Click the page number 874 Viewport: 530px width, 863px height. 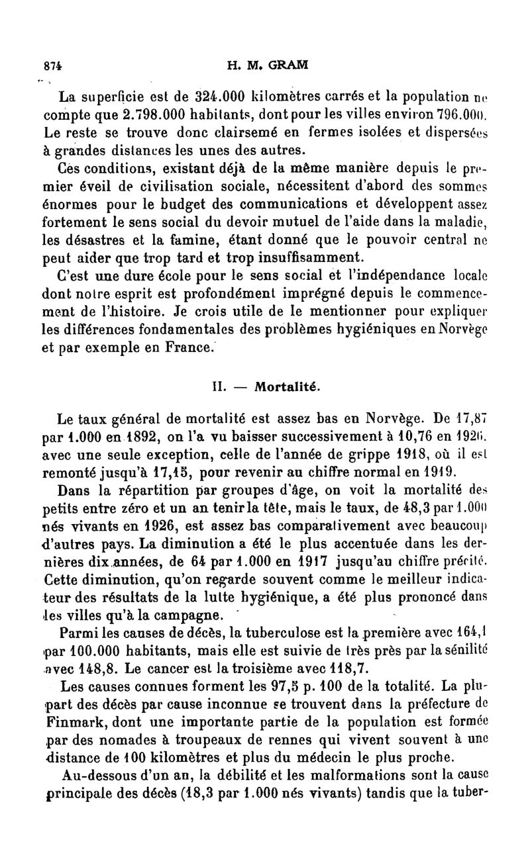[x=45, y=66]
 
